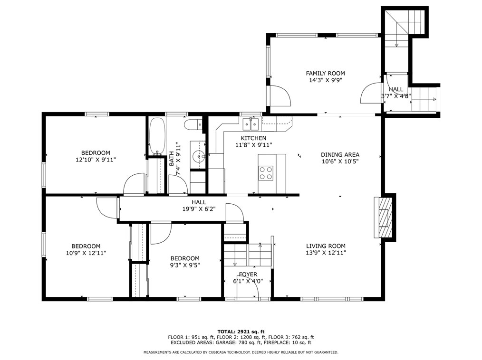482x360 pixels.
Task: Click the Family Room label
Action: pyautogui.click(x=325, y=77)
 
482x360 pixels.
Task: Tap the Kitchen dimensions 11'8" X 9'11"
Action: pyautogui.click(x=254, y=145)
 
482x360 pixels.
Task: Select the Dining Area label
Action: pyautogui.click(x=340, y=158)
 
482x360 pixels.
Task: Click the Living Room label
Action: pyautogui.click(x=326, y=249)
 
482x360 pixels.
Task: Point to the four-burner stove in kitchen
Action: pyautogui.click(x=266, y=172)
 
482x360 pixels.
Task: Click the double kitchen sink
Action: pyautogui.click(x=251, y=124)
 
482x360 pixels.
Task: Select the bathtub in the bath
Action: pyautogui.click(x=157, y=136)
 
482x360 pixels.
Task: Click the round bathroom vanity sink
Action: pyautogui.click(x=198, y=157)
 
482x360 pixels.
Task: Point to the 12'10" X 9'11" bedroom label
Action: pyautogui.click(x=96, y=156)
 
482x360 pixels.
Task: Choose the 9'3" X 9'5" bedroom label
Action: pyautogui.click(x=185, y=262)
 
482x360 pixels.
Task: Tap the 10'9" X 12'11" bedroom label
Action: pyautogui.click(x=86, y=249)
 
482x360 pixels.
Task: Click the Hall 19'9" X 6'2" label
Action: pyautogui.click(x=199, y=206)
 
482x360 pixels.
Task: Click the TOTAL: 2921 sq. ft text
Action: pyautogui.click(x=241, y=332)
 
